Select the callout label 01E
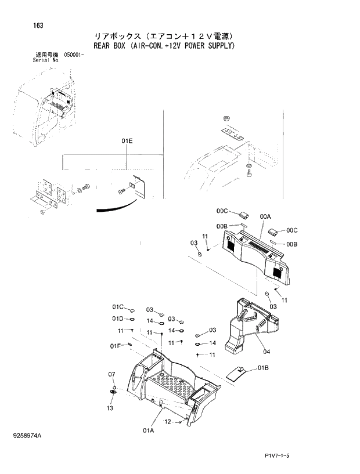pos(127,141)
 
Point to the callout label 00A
pos(265,216)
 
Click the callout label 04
pos(267,351)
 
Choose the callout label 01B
pos(263,368)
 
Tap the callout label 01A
pos(148,430)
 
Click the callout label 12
pos(167,422)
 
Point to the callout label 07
pos(112,376)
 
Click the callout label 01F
pos(116,346)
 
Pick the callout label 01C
pos(118,306)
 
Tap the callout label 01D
pos(118,319)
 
